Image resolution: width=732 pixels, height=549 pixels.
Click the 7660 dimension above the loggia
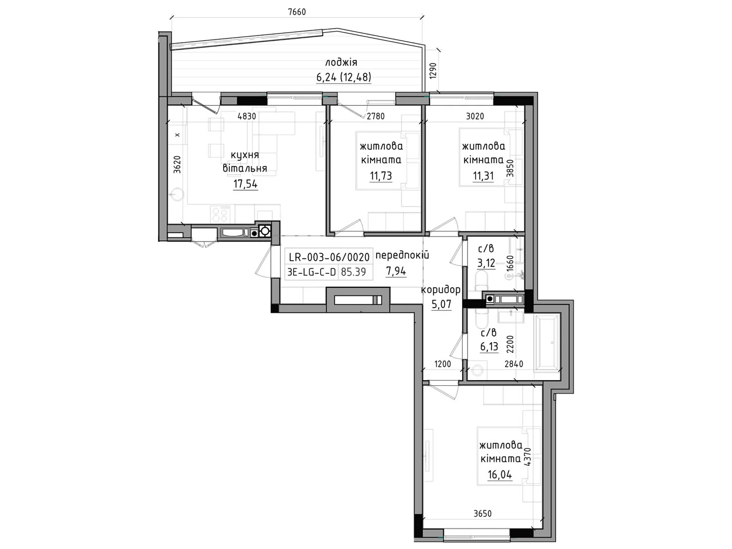pyautogui.click(x=296, y=12)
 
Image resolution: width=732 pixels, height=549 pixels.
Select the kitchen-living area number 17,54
pyautogui.click(x=245, y=183)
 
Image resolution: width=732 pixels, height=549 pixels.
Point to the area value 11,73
pyautogui.click(x=381, y=176)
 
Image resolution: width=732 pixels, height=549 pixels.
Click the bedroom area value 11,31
pyautogui.click(x=483, y=176)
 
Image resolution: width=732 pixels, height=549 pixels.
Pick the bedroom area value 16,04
pyautogui.click(x=500, y=474)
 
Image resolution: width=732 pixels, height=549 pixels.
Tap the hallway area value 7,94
pyautogui.click(x=396, y=271)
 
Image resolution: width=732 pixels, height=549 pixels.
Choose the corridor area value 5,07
pyautogui.click(x=441, y=304)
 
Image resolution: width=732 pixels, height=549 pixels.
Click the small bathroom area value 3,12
pyautogui.click(x=486, y=264)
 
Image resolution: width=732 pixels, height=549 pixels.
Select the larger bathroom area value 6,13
pyautogui.click(x=489, y=347)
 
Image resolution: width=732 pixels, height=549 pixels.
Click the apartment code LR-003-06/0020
pyautogui.click(x=329, y=257)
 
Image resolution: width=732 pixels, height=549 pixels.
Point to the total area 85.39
pyautogui.click(x=353, y=272)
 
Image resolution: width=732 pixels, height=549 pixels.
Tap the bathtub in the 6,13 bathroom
pyautogui.click(x=547, y=342)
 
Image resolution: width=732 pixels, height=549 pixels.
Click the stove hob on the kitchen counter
pyautogui.click(x=220, y=214)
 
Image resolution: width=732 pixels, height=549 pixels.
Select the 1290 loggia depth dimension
pyautogui.click(x=432, y=70)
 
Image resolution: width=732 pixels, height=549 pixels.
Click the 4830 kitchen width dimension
pyautogui.click(x=247, y=116)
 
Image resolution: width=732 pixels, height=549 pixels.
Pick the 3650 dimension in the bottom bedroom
pyautogui.click(x=483, y=514)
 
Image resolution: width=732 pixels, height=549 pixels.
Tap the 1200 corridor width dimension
pyautogui.click(x=442, y=364)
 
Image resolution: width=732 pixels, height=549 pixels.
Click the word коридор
pyautogui.click(x=441, y=290)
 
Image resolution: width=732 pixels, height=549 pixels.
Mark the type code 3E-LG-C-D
pyautogui.click(x=312, y=272)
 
